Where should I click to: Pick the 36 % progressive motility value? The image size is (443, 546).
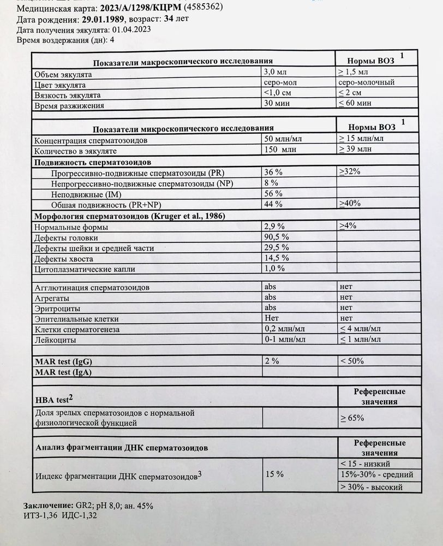point(273,173)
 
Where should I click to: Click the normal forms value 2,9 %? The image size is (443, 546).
point(275,226)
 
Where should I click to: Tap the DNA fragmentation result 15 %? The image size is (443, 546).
point(274,474)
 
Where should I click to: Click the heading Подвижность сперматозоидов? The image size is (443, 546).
point(93,162)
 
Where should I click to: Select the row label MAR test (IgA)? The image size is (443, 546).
point(63,372)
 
